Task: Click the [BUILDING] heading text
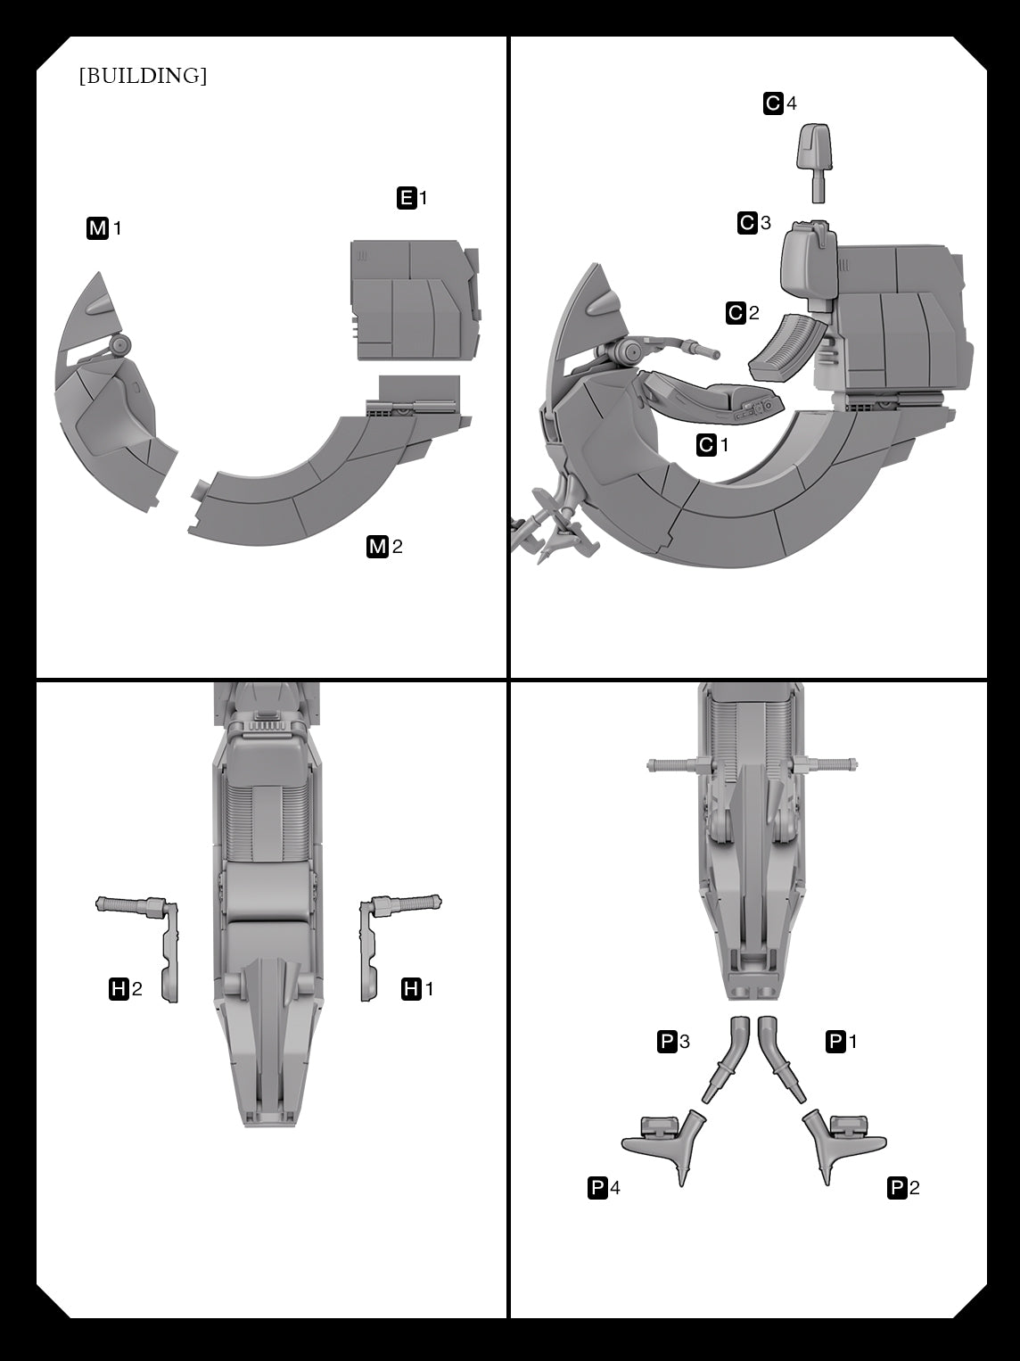click(x=144, y=76)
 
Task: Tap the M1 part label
click(x=104, y=228)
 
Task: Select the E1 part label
click(x=412, y=198)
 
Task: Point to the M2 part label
click(x=385, y=546)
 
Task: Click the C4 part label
click(x=779, y=103)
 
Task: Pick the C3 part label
click(x=754, y=223)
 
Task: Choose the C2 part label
click(x=743, y=312)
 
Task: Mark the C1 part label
click(x=712, y=444)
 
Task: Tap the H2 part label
click(x=126, y=989)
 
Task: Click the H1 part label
click(x=417, y=989)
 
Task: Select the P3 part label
click(x=673, y=1041)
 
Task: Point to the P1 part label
click(x=842, y=1041)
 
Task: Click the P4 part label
click(x=605, y=1188)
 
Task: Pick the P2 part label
click(x=903, y=1188)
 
